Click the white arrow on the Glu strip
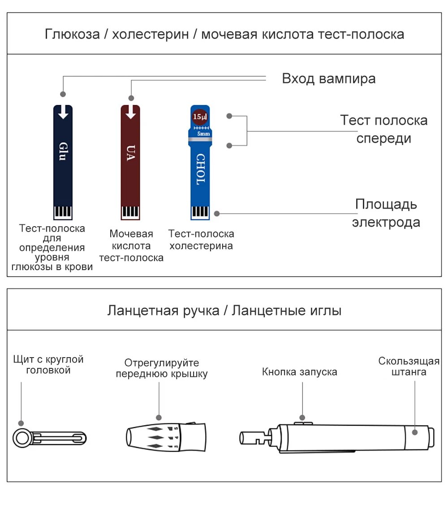(x=63, y=112)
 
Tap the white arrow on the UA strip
(x=130, y=112)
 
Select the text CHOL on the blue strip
(x=200, y=169)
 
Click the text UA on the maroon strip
(x=130, y=153)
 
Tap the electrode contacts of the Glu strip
(x=63, y=212)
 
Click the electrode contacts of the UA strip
(x=130, y=212)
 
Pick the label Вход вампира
(x=328, y=79)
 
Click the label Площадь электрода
(x=386, y=213)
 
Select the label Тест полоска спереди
(x=383, y=129)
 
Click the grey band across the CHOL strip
(x=200, y=141)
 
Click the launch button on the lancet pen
(x=302, y=422)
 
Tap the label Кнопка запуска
(x=299, y=372)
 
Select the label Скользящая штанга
(x=409, y=367)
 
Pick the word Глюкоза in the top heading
(x=72, y=34)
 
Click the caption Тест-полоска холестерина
(x=201, y=240)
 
